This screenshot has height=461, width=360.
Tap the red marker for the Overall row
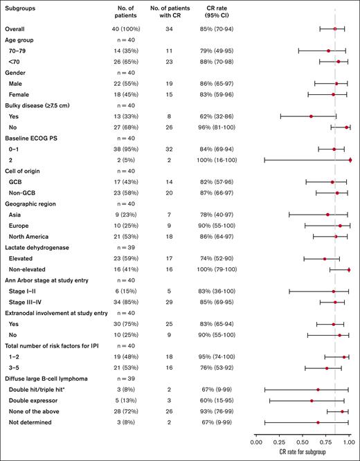[x=335, y=29]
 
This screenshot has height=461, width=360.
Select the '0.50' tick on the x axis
[x=303, y=439]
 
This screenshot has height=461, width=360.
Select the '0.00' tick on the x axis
[x=256, y=439]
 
